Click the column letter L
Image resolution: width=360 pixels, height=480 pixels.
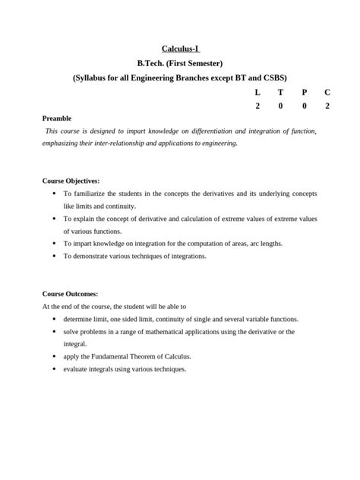click(x=257, y=92)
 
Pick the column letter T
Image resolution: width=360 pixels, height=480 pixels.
click(x=280, y=92)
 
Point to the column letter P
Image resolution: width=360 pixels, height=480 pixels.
click(x=304, y=92)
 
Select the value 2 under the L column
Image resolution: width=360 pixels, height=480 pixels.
click(x=257, y=106)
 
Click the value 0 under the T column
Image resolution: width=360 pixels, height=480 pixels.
click(x=280, y=106)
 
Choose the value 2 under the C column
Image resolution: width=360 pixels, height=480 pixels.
click(x=327, y=106)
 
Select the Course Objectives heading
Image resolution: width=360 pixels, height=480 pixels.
click(x=71, y=182)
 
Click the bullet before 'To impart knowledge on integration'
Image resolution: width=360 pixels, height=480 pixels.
click(x=54, y=243)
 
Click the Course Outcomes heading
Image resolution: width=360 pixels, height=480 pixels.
click(x=70, y=294)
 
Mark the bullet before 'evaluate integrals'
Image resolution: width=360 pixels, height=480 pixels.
click(x=54, y=368)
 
